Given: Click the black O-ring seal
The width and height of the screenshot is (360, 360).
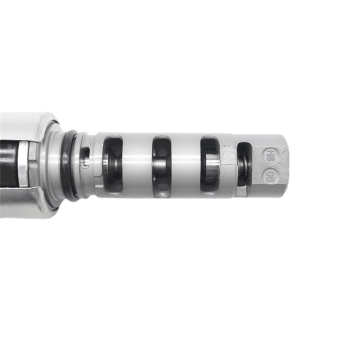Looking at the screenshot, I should (68, 165).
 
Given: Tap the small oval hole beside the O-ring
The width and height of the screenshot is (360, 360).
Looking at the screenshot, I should (86, 156).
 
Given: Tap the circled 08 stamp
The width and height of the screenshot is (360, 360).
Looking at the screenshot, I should (269, 175).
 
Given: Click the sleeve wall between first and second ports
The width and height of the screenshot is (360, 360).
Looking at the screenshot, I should (137, 165).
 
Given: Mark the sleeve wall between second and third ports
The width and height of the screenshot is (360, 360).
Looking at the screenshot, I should (185, 165).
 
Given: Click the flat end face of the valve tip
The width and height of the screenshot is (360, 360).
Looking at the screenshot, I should (285, 165).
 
